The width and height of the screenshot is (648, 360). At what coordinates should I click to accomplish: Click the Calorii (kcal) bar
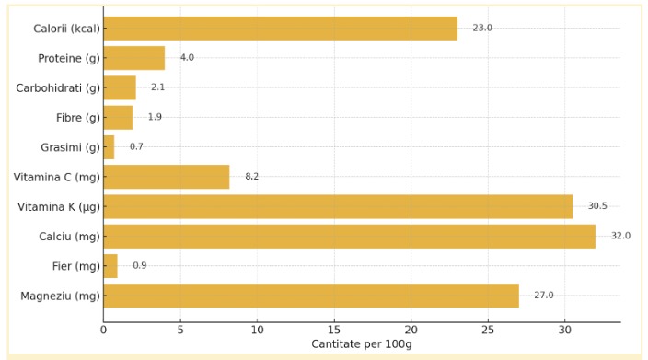point(280,29)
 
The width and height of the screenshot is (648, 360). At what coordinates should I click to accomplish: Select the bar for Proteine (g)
point(134,58)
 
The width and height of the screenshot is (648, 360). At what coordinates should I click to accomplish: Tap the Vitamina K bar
point(338,206)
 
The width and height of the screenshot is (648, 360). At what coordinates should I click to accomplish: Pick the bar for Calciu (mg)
point(349,236)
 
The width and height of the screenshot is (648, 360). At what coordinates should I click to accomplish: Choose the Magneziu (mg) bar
point(311,296)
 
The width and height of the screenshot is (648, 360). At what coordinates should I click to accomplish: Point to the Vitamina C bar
point(167,177)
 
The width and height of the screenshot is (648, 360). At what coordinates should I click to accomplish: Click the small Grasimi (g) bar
point(109,147)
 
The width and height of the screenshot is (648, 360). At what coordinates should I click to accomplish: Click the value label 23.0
point(482,29)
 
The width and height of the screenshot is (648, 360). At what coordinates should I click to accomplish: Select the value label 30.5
point(597,206)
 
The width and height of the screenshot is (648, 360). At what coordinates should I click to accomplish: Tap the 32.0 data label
point(620,236)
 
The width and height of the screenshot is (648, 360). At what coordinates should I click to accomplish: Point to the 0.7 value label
point(136,147)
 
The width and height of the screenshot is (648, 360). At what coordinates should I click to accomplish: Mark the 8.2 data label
point(251,177)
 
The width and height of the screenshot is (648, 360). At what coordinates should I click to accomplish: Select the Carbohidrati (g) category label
point(58,87)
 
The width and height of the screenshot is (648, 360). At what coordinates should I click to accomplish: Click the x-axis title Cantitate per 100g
point(362,344)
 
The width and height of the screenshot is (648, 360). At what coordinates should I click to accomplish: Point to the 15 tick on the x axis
point(334,329)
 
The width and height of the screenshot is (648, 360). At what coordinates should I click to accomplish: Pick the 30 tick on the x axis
point(564,329)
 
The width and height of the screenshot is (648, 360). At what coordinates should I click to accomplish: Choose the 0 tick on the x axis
point(103,329)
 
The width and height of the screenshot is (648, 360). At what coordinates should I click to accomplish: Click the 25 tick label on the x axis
point(488,329)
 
